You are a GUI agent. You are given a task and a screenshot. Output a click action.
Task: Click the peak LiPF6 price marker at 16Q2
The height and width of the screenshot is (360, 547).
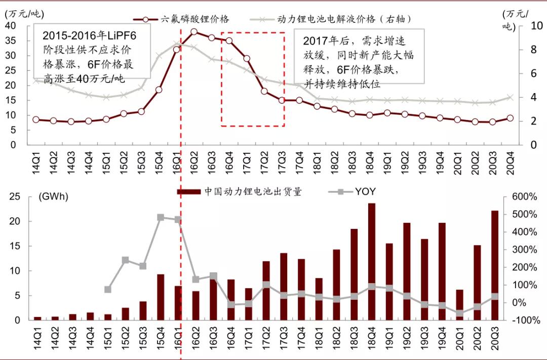coord(194,31)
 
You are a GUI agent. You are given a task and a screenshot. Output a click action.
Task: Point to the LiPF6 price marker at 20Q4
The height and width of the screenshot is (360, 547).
coord(510,118)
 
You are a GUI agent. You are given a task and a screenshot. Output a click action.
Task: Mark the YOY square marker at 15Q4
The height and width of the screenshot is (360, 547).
coord(160,217)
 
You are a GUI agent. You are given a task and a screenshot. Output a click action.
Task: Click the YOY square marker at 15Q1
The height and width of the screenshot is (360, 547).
coord(107,290)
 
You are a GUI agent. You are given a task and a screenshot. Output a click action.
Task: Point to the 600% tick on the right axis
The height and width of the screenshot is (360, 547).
coord(524,196)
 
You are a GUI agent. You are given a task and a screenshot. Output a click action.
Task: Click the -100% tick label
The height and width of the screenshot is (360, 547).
coord(524,320)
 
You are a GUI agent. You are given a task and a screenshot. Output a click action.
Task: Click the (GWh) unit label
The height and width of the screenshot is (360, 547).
coord(53,196)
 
